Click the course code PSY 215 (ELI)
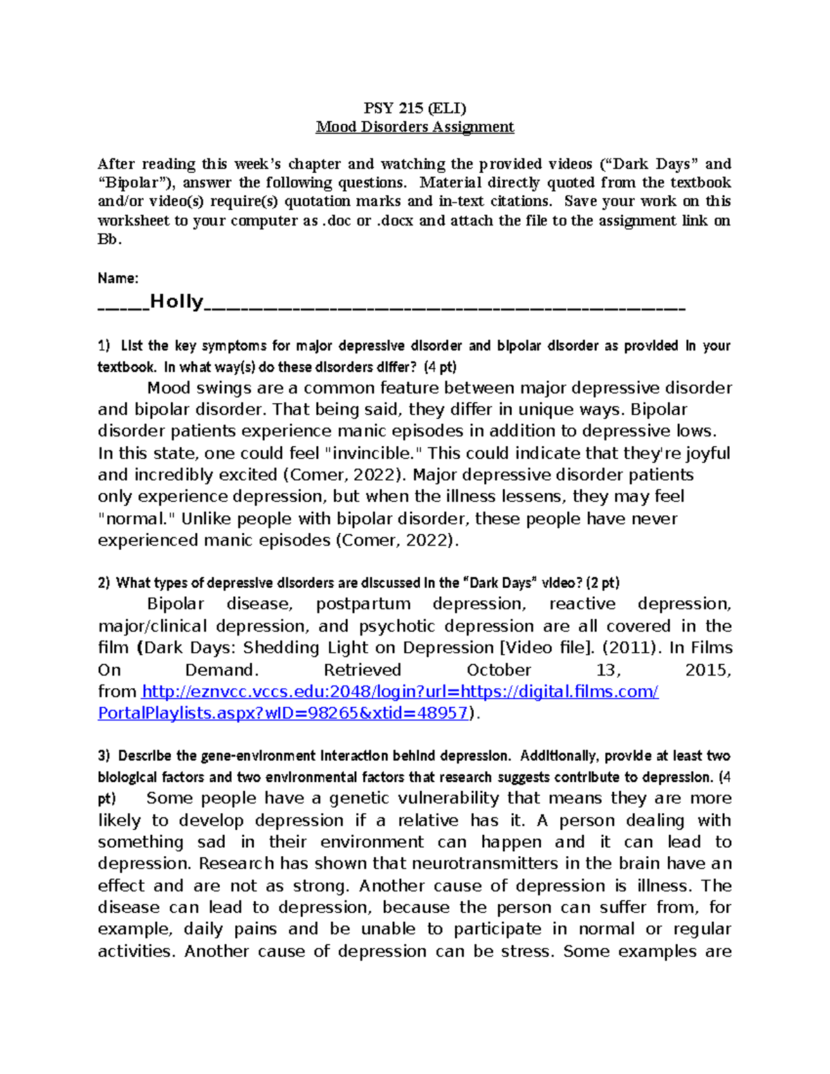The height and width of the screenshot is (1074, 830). click(x=415, y=108)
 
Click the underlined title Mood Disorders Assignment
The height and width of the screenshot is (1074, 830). click(x=415, y=127)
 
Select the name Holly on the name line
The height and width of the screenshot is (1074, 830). click(x=176, y=302)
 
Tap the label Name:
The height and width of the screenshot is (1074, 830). click(x=118, y=278)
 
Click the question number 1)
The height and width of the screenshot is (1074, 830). click(x=104, y=346)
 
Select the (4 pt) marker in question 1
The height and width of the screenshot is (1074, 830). click(x=440, y=367)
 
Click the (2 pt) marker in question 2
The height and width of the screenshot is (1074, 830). click(x=602, y=583)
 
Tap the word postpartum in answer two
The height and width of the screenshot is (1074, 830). click(x=362, y=604)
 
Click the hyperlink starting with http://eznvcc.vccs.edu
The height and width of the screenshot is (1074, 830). click(x=400, y=692)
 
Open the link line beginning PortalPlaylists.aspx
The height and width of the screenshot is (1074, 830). click(x=283, y=713)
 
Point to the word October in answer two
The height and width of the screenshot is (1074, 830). click(x=499, y=670)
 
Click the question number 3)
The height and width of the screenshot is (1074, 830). click(x=104, y=756)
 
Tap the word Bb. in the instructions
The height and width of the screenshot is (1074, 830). click(x=109, y=239)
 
